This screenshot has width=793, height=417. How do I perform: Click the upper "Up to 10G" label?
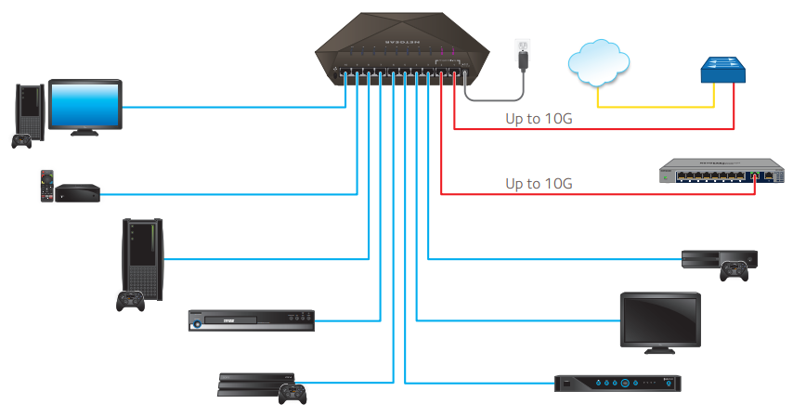[539, 119]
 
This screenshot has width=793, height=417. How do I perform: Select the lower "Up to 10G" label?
[539, 183]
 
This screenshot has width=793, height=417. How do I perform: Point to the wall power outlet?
[524, 46]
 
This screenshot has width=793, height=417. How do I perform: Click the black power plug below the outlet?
[526, 64]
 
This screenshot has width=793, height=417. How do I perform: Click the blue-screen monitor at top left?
[85, 105]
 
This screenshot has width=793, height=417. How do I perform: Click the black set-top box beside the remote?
[77, 194]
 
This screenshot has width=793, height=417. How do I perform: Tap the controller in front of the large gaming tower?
[130, 301]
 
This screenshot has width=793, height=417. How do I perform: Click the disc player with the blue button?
[252, 319]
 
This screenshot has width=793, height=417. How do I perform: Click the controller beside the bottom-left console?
[292, 393]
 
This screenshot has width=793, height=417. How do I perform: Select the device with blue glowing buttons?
[618, 382]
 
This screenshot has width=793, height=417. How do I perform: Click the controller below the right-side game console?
[735, 271]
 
